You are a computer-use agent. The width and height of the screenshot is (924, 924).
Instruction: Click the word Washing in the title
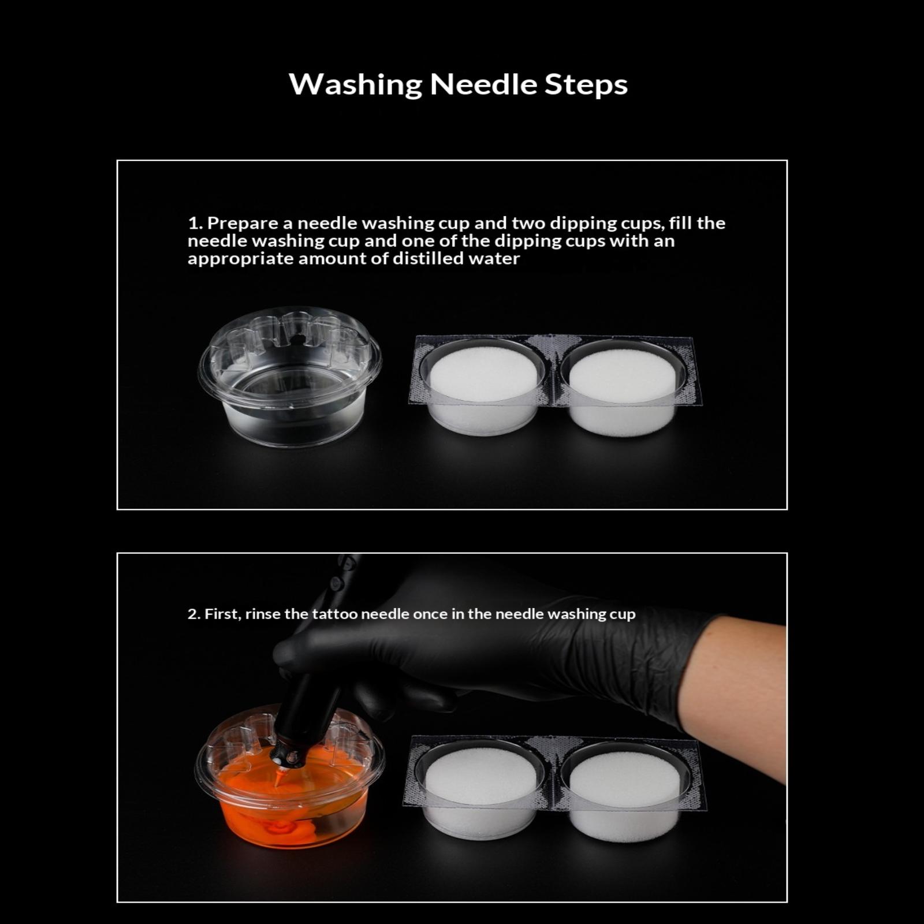point(355,84)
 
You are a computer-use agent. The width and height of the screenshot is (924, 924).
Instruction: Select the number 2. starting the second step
point(193,614)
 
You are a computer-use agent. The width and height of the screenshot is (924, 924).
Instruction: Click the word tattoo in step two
point(330,614)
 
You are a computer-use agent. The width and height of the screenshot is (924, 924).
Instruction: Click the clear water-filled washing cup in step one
point(290,377)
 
